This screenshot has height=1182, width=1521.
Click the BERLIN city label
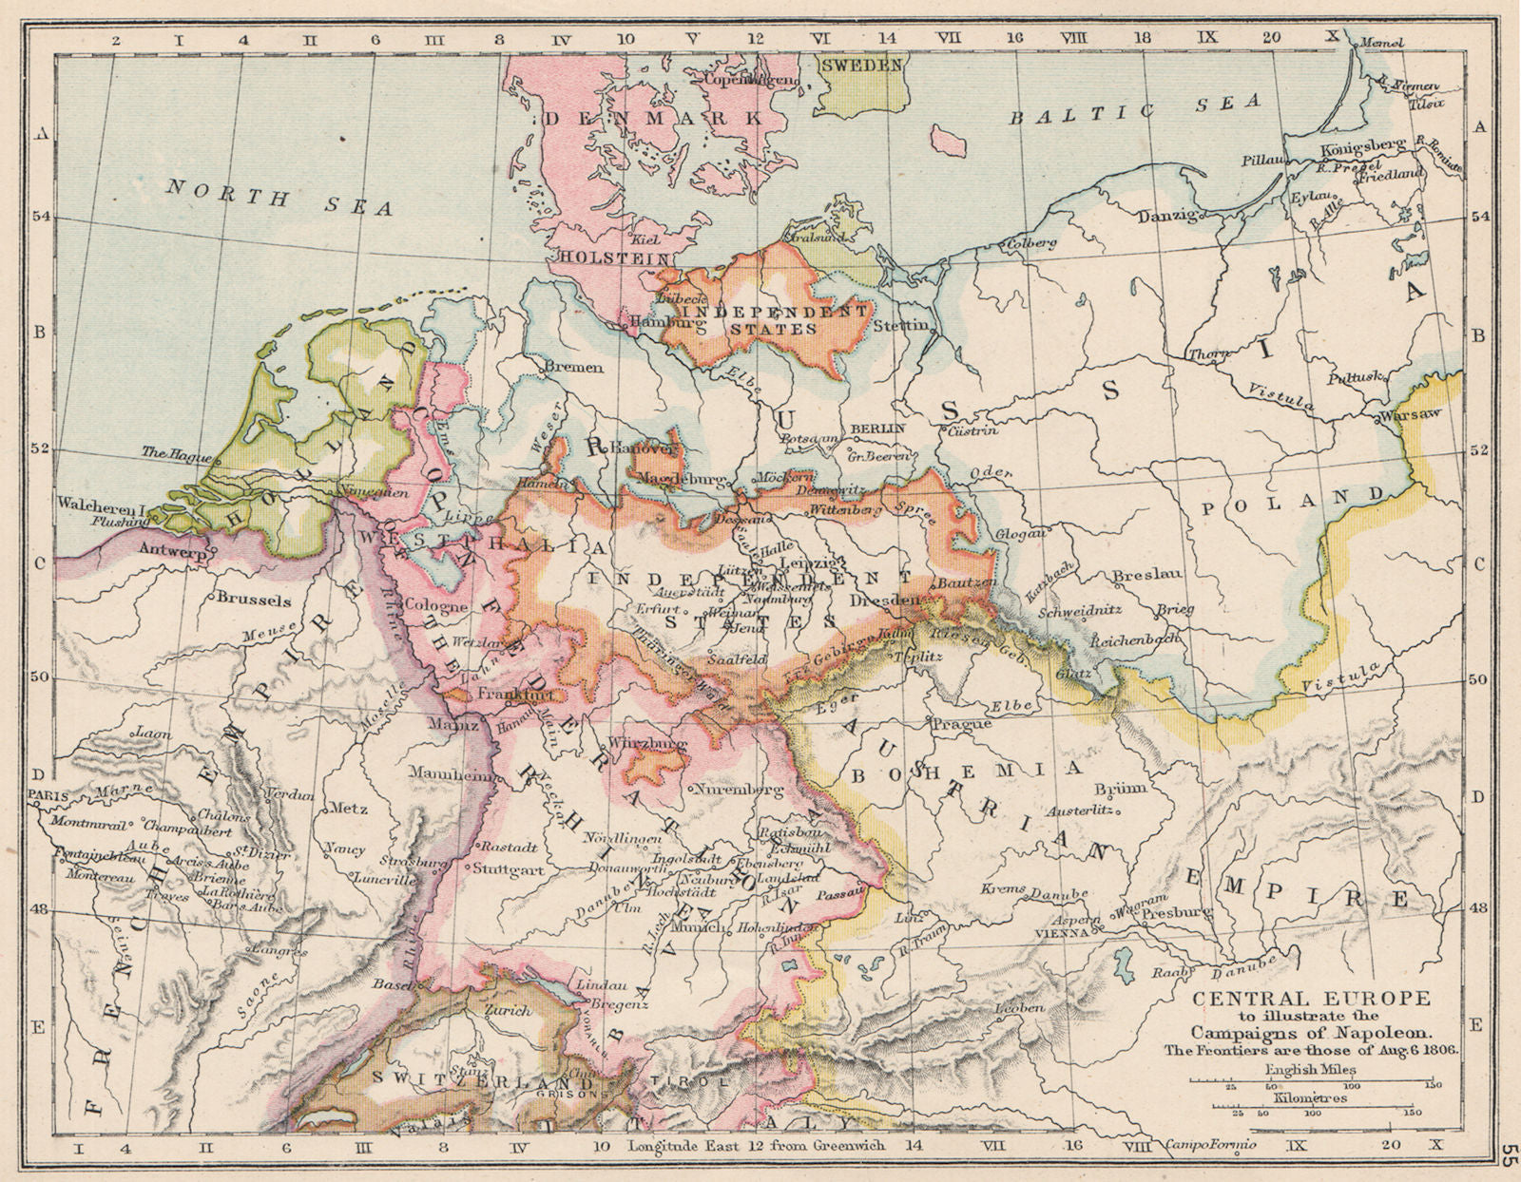pyautogui.click(x=876, y=429)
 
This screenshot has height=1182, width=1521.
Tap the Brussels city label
pyautogui.click(x=254, y=601)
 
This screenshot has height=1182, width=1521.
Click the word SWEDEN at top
pyautogui.click(x=861, y=66)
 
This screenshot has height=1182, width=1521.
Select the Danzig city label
pyautogui.click(x=1168, y=217)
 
